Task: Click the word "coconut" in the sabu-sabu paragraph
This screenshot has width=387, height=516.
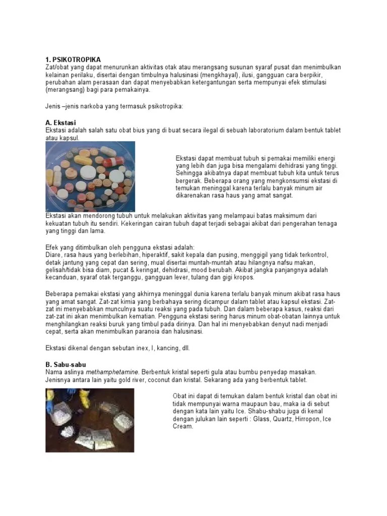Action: point(166,379)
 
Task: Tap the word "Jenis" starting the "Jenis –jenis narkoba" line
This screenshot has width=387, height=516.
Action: point(53,107)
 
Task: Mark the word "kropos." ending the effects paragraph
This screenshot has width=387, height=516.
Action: point(242,278)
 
